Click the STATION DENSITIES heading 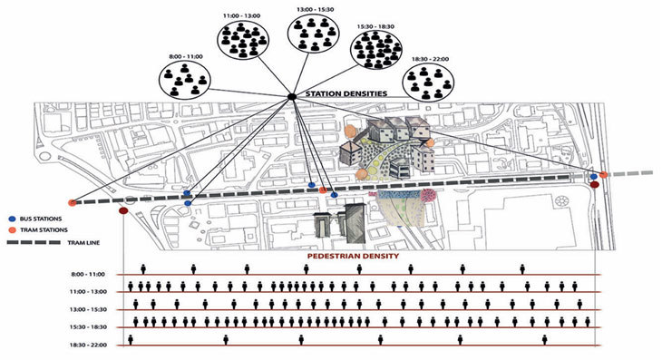click(x=346, y=93)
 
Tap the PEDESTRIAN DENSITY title click(x=353, y=256)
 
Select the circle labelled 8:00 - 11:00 click(x=184, y=79)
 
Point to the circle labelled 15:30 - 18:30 click(x=375, y=49)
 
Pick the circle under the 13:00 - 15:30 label click(x=313, y=34)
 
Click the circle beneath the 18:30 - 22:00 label click(x=429, y=83)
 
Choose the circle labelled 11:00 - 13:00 click(x=243, y=39)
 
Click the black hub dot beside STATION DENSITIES click(x=291, y=97)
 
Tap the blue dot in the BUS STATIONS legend click(x=13, y=219)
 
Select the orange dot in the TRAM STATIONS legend click(x=13, y=230)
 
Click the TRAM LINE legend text click(x=83, y=243)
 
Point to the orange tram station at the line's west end click(x=73, y=202)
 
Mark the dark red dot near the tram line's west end click(x=123, y=210)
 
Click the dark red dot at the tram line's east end click(x=595, y=184)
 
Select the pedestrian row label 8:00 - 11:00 click(x=88, y=275)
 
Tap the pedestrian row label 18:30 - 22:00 click(x=88, y=345)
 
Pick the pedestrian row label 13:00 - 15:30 click(x=88, y=309)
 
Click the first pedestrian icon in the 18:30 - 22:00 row click(x=131, y=340)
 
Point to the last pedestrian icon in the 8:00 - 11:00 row click(x=522, y=269)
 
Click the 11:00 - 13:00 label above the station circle click(x=241, y=15)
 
